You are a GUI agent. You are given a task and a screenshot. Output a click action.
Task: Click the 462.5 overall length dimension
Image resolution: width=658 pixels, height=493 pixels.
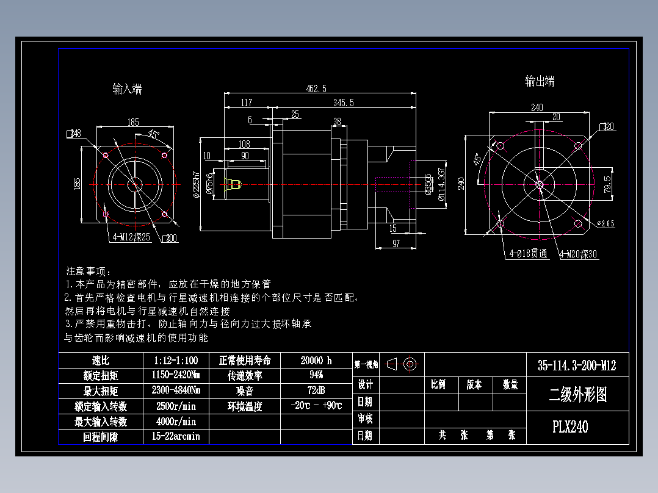pos(316,88)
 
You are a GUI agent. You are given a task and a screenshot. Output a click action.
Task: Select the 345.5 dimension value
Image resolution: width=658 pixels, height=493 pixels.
pos(343,103)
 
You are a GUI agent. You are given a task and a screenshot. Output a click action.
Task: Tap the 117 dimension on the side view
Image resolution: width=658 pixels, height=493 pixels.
pos(246,103)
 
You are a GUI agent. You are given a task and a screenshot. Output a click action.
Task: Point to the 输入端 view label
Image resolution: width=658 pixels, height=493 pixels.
pos(128,89)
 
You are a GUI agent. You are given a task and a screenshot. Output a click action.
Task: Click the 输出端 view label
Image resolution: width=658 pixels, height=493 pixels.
pos(540,81)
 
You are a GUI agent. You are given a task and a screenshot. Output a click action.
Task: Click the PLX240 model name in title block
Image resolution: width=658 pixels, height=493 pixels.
pos(570,426)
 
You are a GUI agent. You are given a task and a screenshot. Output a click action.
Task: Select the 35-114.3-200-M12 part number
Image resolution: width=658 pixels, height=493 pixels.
pos(577,365)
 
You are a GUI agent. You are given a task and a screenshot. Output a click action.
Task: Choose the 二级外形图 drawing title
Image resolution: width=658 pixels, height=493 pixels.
pos(577,395)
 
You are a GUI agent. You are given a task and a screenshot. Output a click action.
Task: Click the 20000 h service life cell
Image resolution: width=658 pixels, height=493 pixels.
pos(316,361)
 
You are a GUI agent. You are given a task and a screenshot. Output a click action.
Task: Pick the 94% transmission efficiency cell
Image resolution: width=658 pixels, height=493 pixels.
pos(316,375)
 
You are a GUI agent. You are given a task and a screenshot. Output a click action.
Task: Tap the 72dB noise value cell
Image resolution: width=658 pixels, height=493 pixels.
pos(316,390)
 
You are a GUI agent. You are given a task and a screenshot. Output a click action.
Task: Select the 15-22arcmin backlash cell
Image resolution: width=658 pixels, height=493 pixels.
pos(175,436)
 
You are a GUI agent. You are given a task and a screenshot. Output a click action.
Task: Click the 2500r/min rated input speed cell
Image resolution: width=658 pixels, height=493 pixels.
pos(175,406)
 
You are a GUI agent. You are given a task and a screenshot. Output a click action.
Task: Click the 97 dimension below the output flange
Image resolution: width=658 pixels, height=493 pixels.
pos(396,243)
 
